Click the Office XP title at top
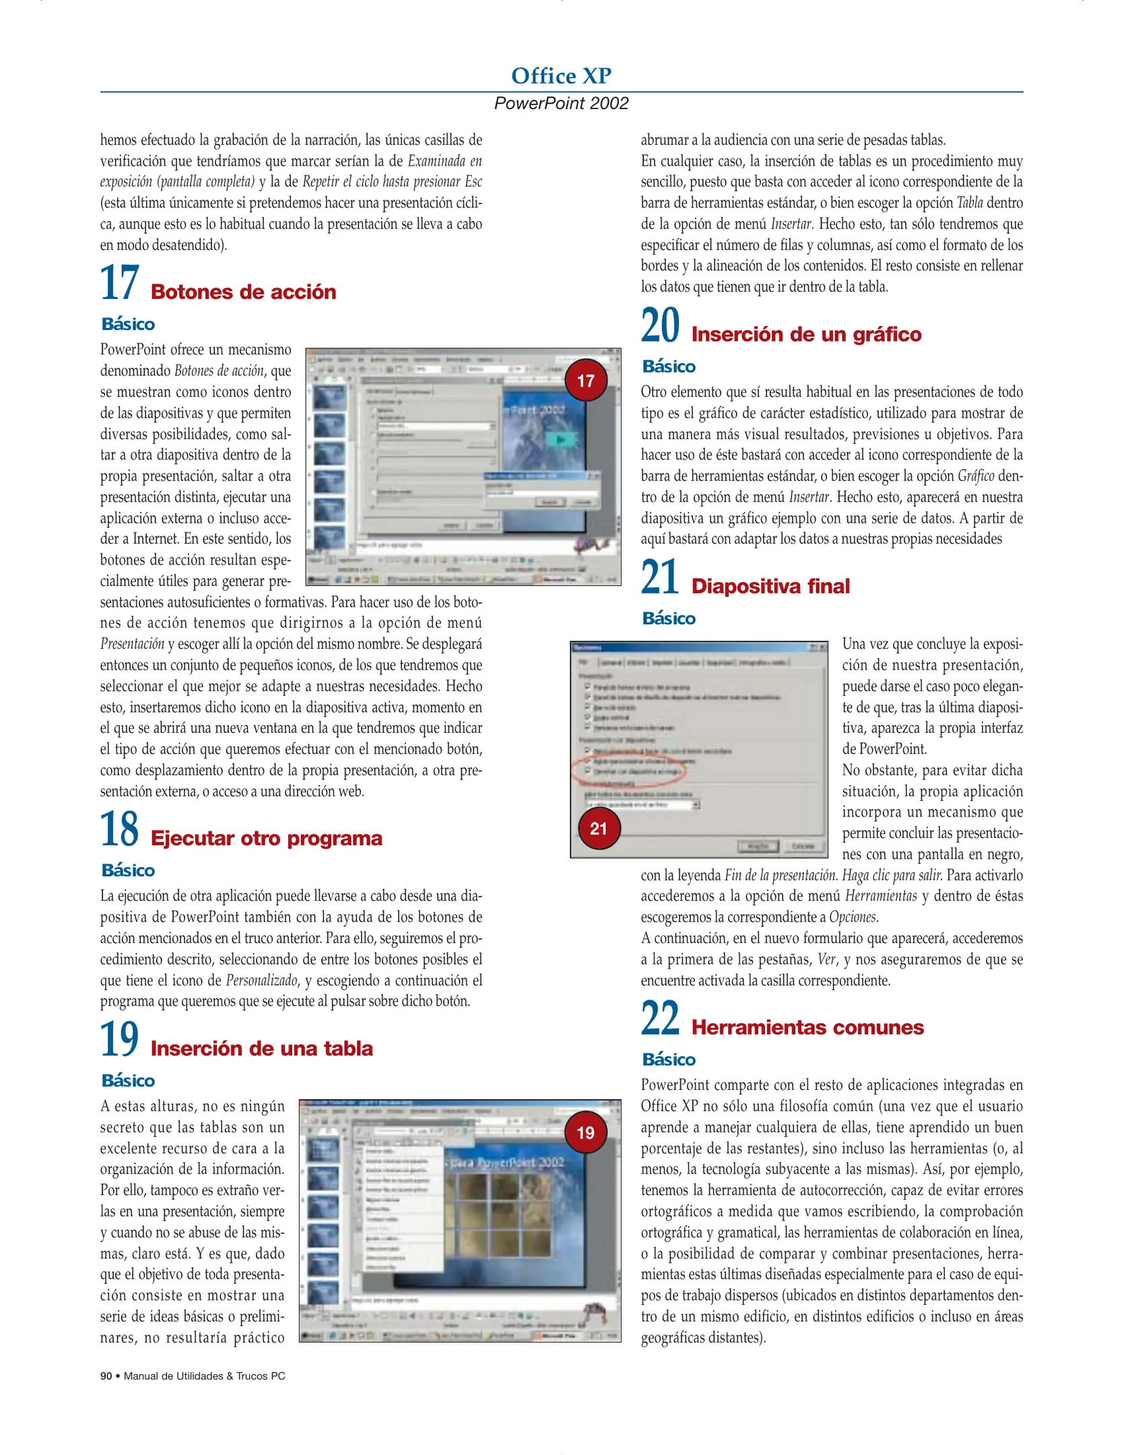560,75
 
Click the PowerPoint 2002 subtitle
560,103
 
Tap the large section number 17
119,283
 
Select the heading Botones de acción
243,292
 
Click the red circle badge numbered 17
585,381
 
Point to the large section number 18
119,829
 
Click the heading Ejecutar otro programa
266,838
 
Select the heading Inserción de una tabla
261,1048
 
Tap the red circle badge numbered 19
585,1132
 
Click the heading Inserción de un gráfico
806,334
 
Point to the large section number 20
660,326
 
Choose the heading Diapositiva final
770,586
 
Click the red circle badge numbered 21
599,829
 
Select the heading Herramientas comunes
807,1027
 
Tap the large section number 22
660,1019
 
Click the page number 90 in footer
106,1376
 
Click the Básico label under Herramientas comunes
669,1060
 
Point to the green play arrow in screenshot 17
560,441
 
